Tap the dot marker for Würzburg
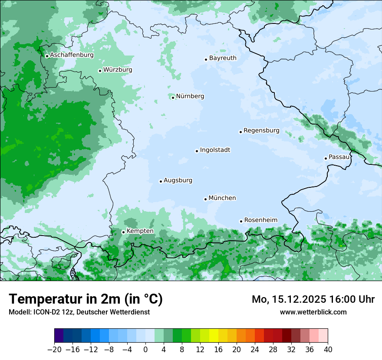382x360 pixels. coord(100,71)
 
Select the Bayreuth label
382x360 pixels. coord(223,58)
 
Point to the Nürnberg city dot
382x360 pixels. coord(173,98)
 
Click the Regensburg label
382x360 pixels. coord(261,131)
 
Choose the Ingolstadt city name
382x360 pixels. coord(215,150)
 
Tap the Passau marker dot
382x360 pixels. coord(326,158)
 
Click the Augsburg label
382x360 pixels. coord(178,180)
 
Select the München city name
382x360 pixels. coord(222,198)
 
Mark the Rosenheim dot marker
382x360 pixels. coord(241,221)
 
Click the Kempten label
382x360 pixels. coord(140,231)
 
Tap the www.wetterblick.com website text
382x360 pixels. coord(313,312)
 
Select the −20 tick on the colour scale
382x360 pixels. coord(54,350)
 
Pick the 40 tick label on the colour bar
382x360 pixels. coord(328,350)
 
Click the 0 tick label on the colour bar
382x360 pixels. coord(145,350)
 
